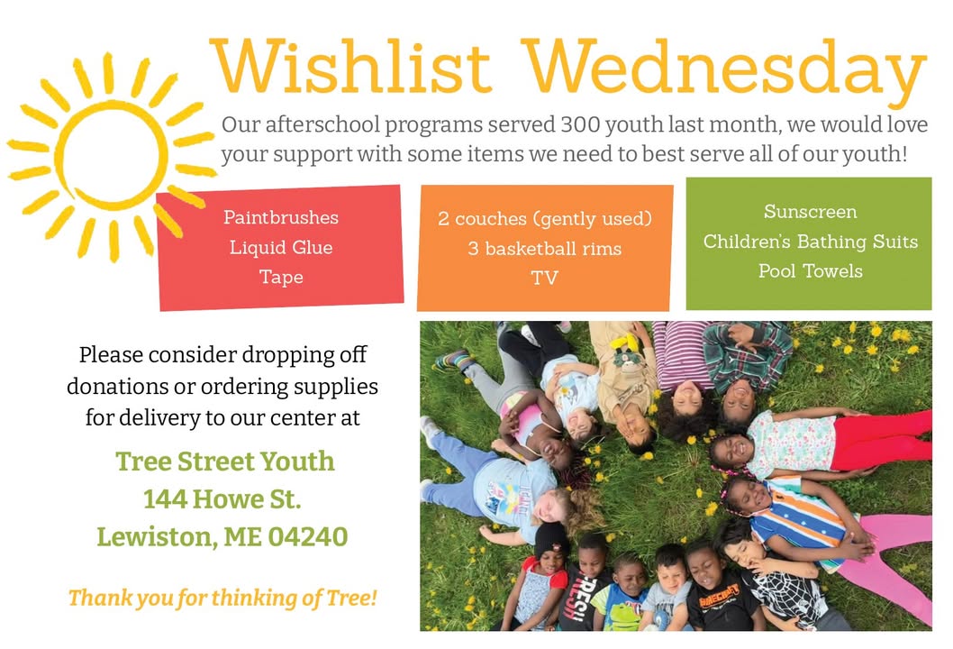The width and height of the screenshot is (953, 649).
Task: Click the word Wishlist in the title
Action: click(350, 66)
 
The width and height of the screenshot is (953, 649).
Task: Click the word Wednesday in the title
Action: click(724, 72)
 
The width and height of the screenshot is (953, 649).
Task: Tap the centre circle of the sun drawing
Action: click(112, 154)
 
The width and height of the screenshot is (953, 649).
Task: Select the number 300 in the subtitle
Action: click(580, 124)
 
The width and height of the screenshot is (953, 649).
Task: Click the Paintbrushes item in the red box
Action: click(281, 217)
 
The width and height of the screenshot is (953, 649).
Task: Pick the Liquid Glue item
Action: click(281, 247)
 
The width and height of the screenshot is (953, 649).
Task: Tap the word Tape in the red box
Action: click(281, 277)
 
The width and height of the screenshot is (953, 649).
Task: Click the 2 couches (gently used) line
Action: click(545, 218)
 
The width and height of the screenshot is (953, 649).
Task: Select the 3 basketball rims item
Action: click(545, 248)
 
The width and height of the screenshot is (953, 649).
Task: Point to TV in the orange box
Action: click(545, 278)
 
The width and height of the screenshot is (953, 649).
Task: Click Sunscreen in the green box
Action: click(810, 211)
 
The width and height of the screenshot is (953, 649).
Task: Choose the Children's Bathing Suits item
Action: click(810, 241)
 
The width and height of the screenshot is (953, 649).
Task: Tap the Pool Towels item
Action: click(810, 270)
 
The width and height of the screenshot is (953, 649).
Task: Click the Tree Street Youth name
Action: click(225, 461)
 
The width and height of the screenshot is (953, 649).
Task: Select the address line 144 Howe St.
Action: click(222, 498)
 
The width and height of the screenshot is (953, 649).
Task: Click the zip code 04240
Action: click(308, 536)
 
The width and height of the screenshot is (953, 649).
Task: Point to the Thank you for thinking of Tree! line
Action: click(222, 598)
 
